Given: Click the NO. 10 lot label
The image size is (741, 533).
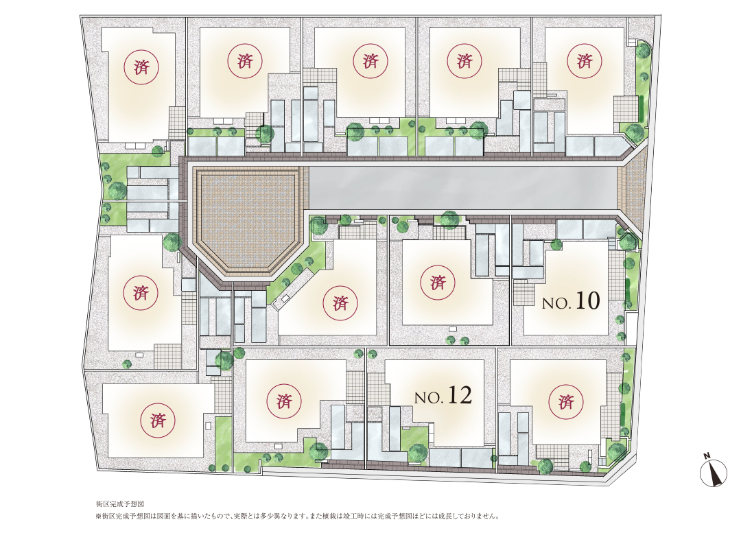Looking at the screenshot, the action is [x=571, y=301].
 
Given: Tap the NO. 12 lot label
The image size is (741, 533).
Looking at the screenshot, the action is [x=443, y=396].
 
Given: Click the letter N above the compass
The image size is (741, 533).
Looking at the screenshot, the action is [x=707, y=455].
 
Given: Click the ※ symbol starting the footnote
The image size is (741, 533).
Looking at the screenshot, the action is [x=99, y=517].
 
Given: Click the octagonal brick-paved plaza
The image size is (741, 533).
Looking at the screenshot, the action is [x=248, y=221].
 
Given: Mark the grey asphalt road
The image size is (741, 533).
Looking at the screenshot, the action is [x=462, y=187].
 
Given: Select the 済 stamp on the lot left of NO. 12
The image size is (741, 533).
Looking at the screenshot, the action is [x=284, y=402].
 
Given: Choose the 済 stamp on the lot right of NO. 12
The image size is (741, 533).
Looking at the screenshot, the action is [x=565, y=402].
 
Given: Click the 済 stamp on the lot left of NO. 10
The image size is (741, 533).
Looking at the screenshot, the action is [x=438, y=283].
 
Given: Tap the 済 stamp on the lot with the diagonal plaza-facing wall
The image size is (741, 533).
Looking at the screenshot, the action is [x=340, y=303].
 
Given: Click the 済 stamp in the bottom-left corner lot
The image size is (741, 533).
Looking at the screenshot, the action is [x=158, y=420].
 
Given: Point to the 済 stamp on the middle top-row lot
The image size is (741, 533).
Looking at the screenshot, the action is [x=370, y=61].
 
